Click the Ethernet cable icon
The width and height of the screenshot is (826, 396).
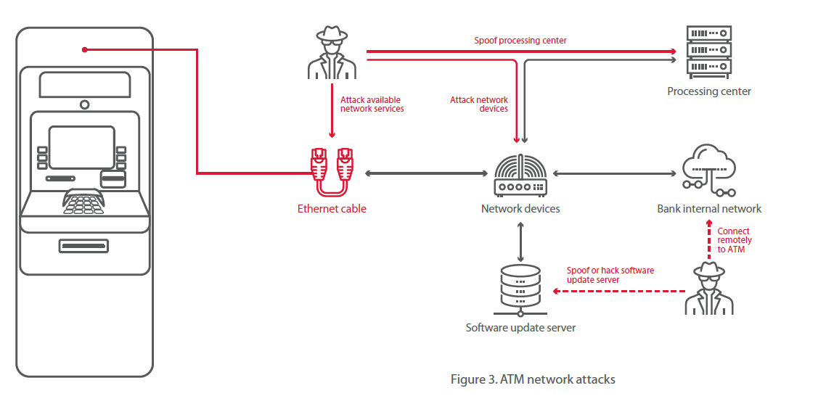click(332, 171)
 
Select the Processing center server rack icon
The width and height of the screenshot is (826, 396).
click(709, 51)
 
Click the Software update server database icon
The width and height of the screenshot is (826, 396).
click(520, 289)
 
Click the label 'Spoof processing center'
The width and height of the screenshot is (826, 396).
click(520, 41)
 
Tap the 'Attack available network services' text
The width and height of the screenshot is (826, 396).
click(372, 104)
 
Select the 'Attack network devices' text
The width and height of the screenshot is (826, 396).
click(479, 104)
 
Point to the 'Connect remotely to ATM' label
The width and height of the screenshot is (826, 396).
click(734, 240)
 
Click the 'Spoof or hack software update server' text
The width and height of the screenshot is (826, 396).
click(610, 275)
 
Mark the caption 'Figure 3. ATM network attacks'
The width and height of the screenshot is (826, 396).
click(533, 379)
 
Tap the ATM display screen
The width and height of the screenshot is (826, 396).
click(81, 147)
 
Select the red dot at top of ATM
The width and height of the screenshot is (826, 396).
click(85, 49)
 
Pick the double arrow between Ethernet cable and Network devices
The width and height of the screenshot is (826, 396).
click(426, 173)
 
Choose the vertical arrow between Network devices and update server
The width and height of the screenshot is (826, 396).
click(520, 242)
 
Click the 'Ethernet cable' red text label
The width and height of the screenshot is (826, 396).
click(332, 209)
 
